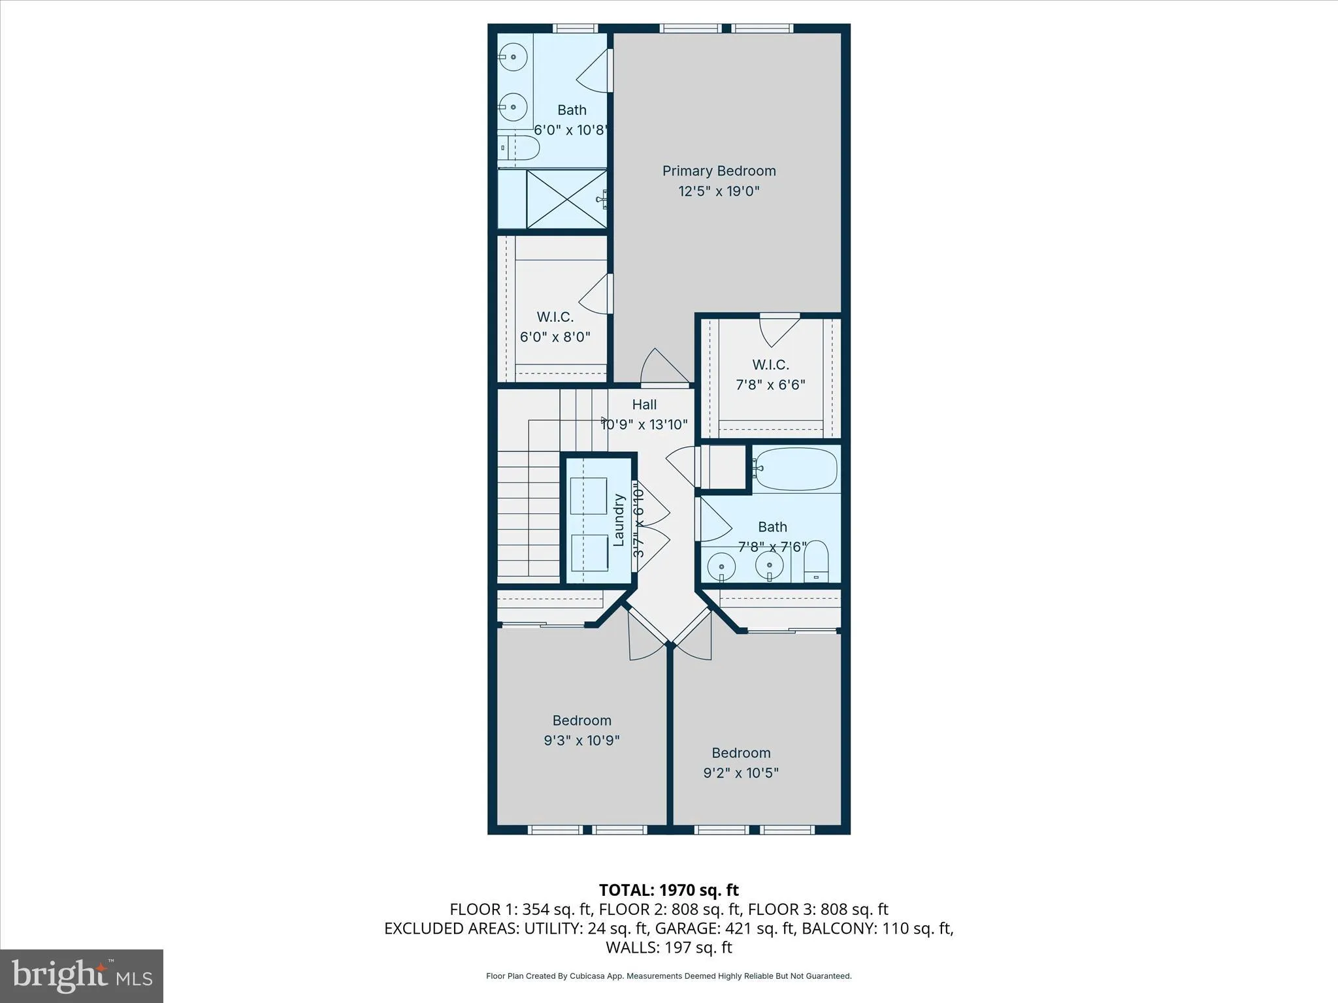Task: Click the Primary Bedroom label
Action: [719, 171]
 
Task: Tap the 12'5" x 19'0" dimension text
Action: [719, 191]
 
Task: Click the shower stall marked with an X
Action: [566, 199]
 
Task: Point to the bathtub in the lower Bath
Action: [795, 468]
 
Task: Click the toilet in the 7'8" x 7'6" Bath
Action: [815, 562]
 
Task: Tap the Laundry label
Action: [619, 520]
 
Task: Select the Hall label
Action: [644, 405]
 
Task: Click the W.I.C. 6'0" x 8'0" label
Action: [555, 326]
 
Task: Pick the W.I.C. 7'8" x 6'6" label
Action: [770, 374]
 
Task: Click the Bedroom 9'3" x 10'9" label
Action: [581, 730]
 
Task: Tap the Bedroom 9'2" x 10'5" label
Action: [741, 763]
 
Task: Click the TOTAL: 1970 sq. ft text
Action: [668, 890]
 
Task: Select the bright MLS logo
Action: [82, 976]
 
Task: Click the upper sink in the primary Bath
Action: [514, 57]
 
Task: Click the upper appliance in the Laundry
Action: [588, 496]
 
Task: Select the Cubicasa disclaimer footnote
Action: [668, 976]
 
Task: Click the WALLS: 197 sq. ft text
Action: [668, 947]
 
